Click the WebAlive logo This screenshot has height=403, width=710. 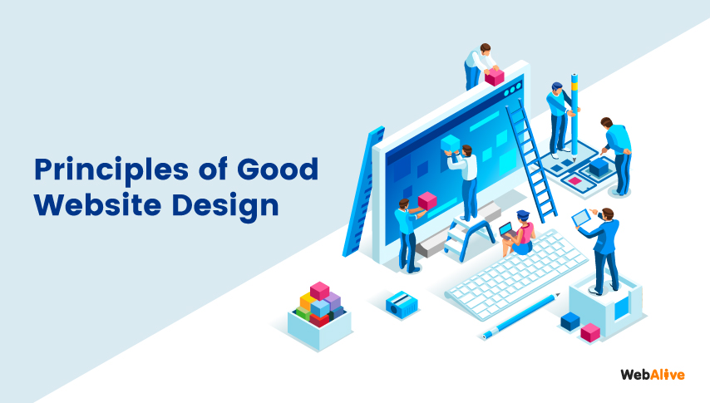tap(652, 375)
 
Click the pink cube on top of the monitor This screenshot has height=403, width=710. tap(495, 76)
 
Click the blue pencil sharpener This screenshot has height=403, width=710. tap(402, 302)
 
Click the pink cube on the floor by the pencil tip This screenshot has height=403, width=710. tap(590, 332)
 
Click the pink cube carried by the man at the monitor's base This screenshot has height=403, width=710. tap(427, 200)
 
